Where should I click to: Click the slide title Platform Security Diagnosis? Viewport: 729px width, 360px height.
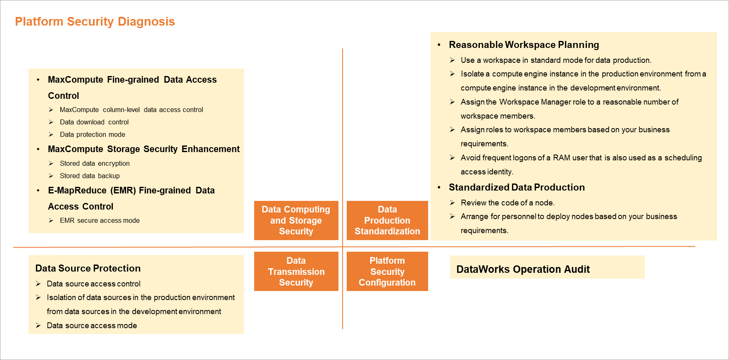point(95,21)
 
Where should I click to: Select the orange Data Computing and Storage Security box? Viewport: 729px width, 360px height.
point(296,220)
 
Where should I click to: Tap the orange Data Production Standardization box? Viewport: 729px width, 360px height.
point(387,220)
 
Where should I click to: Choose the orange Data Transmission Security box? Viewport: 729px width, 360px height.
point(296,272)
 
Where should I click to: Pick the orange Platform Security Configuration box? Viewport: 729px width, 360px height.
point(387,272)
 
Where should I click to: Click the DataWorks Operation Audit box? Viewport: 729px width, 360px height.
point(547,267)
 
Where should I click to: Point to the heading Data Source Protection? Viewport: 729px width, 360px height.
point(88,268)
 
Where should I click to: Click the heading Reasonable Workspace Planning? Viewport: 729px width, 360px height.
point(524,45)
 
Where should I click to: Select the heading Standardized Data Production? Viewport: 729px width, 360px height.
point(517,187)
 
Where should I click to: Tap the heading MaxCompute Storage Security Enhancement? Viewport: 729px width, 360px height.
point(143,149)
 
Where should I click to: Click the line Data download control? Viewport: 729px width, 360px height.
point(94,122)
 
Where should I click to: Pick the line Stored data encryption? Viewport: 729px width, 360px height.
point(95,163)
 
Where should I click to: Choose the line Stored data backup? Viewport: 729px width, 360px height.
point(90,176)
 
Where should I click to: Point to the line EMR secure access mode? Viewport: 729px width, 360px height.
point(100,220)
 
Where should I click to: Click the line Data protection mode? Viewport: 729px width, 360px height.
point(92,134)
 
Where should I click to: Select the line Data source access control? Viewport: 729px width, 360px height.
point(93,284)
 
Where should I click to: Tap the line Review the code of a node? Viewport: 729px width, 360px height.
point(507,203)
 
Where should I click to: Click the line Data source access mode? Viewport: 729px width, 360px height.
point(92,325)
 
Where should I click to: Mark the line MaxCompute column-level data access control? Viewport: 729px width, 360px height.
point(131,110)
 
